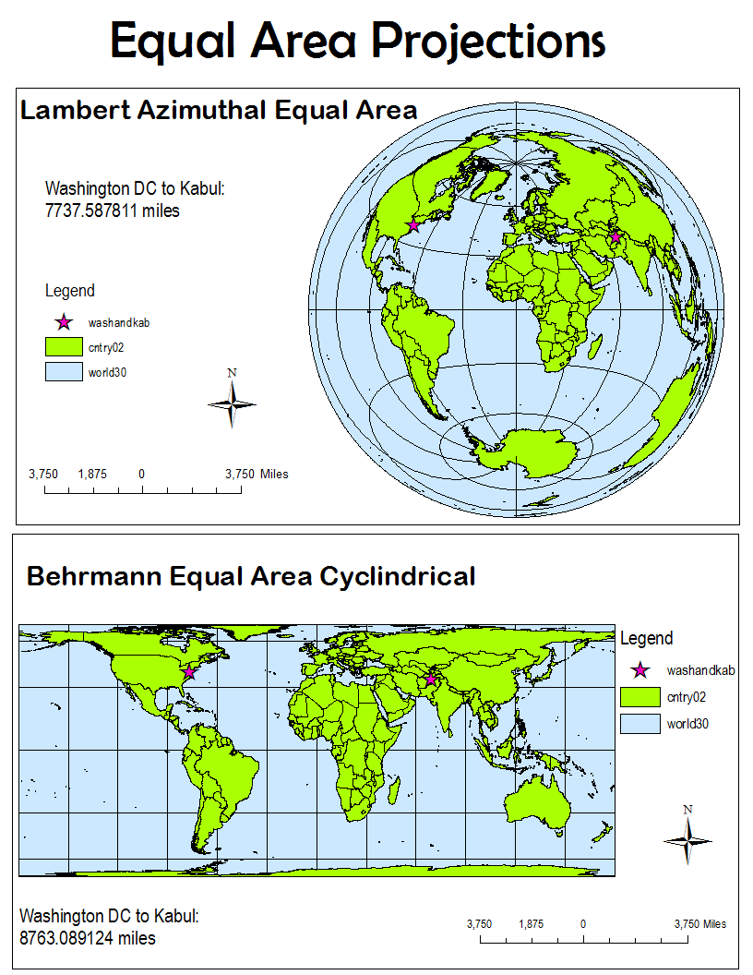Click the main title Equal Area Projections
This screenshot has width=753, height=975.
[358, 41]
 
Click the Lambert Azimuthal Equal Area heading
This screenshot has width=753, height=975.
[219, 111]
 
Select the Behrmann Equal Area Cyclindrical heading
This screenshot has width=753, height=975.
[251, 577]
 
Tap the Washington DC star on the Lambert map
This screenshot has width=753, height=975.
[413, 225]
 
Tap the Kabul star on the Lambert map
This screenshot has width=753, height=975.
[616, 237]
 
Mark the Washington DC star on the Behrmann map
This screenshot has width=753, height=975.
[189, 672]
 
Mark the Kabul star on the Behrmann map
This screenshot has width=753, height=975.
[430, 680]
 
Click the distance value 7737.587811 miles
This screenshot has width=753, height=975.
[113, 211]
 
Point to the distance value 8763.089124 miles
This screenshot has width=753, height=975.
[88, 938]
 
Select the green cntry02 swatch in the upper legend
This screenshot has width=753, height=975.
[65, 348]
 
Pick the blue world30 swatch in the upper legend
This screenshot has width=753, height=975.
[65, 373]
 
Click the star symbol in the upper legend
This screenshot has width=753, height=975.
[64, 322]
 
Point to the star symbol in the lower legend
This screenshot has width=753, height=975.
[640, 670]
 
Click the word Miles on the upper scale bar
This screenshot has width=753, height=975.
[273, 475]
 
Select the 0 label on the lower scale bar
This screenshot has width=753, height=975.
[583, 923]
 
